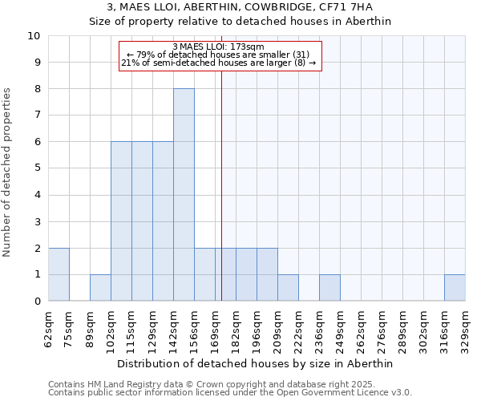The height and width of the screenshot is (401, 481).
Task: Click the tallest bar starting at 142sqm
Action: tap(184, 195)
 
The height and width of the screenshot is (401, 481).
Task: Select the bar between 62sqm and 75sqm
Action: tap(59, 274)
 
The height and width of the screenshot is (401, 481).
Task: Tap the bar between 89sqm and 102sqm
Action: tap(100, 288)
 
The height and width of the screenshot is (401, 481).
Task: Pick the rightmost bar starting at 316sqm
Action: tap(455, 288)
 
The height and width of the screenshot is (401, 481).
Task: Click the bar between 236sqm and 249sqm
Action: tap(329, 288)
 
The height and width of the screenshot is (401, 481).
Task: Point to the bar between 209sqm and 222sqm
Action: tap(288, 288)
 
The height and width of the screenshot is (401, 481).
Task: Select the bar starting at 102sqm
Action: tap(121, 221)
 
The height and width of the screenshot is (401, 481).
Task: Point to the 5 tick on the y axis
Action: tap(37, 168)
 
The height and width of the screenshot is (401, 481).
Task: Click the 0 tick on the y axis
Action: tap(37, 302)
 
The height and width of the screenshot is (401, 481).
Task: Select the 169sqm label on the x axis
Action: tap(216, 328)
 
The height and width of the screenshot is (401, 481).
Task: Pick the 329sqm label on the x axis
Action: tap(466, 328)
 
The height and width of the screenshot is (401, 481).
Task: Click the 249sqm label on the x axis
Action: tap(341, 328)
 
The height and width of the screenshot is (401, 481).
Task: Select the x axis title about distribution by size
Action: tap(257, 363)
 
